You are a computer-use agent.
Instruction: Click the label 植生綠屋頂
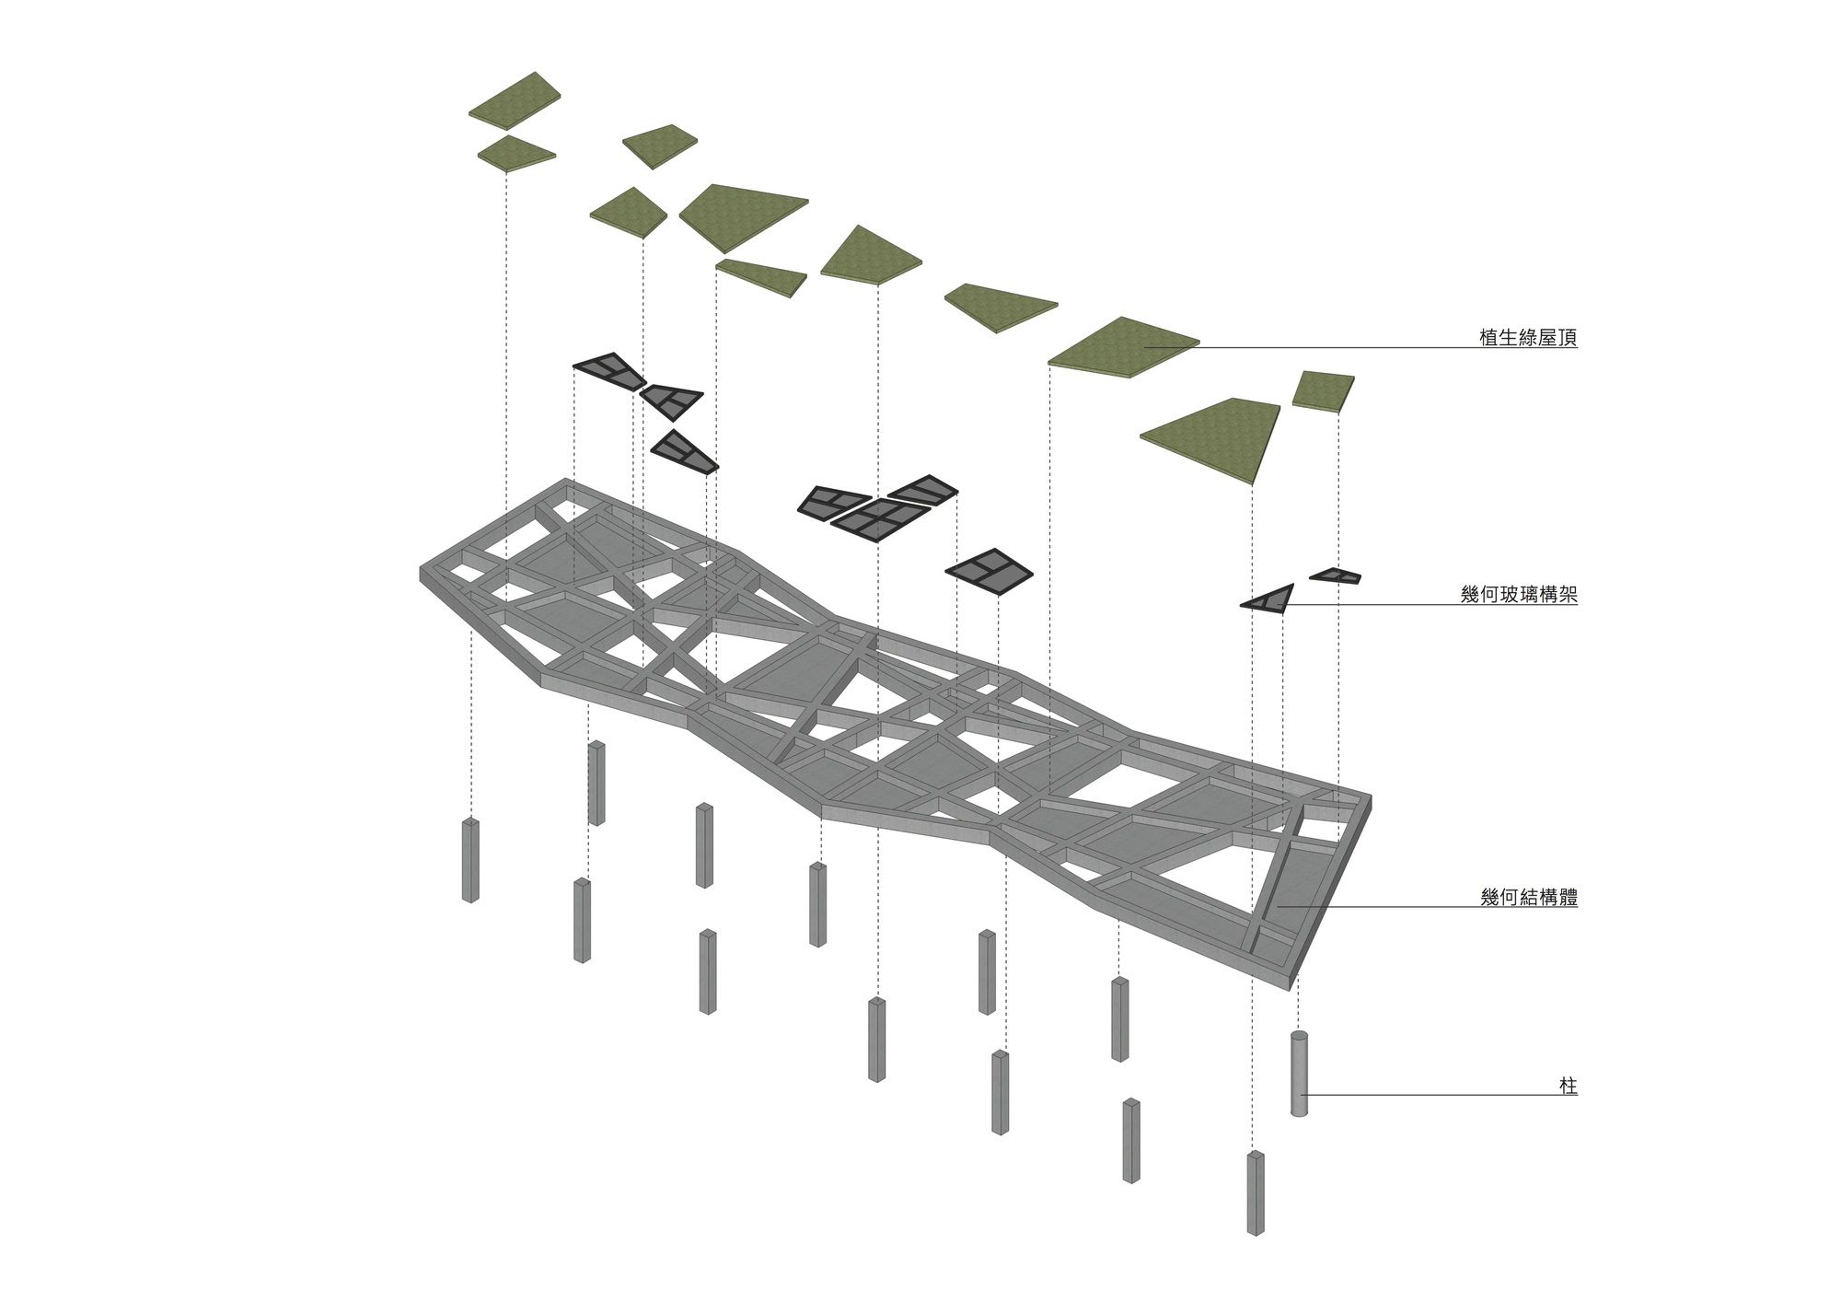[x=1528, y=338]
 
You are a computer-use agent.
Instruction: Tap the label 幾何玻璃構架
[x=1519, y=595]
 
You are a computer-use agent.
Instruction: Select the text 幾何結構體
[x=1529, y=897]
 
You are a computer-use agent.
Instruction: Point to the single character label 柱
[x=1569, y=1087]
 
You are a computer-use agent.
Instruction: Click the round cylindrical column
[x=1299, y=1074]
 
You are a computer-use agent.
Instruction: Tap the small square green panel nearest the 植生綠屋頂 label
[x=1323, y=389]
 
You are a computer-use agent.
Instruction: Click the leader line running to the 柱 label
[x=1436, y=1095]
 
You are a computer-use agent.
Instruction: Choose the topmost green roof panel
[x=514, y=100]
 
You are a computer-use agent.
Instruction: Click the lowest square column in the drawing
[x=1256, y=1192]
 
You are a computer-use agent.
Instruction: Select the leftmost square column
[x=470, y=860]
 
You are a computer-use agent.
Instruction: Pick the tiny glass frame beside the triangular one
[x=1336, y=575]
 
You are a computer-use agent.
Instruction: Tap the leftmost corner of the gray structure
[x=421, y=573]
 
